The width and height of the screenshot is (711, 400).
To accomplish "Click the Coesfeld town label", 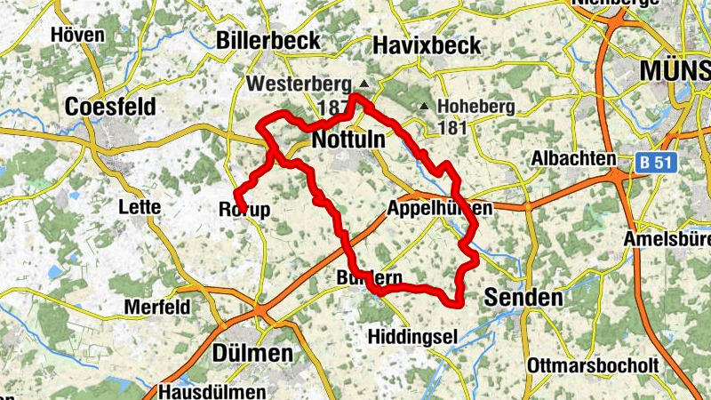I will click(x=111, y=107).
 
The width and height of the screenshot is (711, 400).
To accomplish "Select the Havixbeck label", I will click(x=427, y=44).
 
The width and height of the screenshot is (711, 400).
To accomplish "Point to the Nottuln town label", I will click(x=348, y=140).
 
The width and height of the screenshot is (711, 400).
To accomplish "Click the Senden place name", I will click(x=523, y=298).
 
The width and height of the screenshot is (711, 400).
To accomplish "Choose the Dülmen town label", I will click(x=253, y=353).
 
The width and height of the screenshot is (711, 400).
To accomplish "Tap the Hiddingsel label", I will click(x=412, y=336).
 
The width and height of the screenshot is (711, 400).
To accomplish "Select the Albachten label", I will click(x=574, y=158).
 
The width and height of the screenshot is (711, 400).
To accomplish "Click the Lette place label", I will click(x=140, y=207).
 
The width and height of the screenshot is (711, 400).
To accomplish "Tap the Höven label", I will click(x=78, y=36).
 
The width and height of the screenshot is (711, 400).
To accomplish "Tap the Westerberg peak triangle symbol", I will click(x=363, y=84).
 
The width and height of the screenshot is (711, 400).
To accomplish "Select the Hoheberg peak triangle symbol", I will click(x=424, y=107).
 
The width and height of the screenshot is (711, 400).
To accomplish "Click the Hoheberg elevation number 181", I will click(x=452, y=128).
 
